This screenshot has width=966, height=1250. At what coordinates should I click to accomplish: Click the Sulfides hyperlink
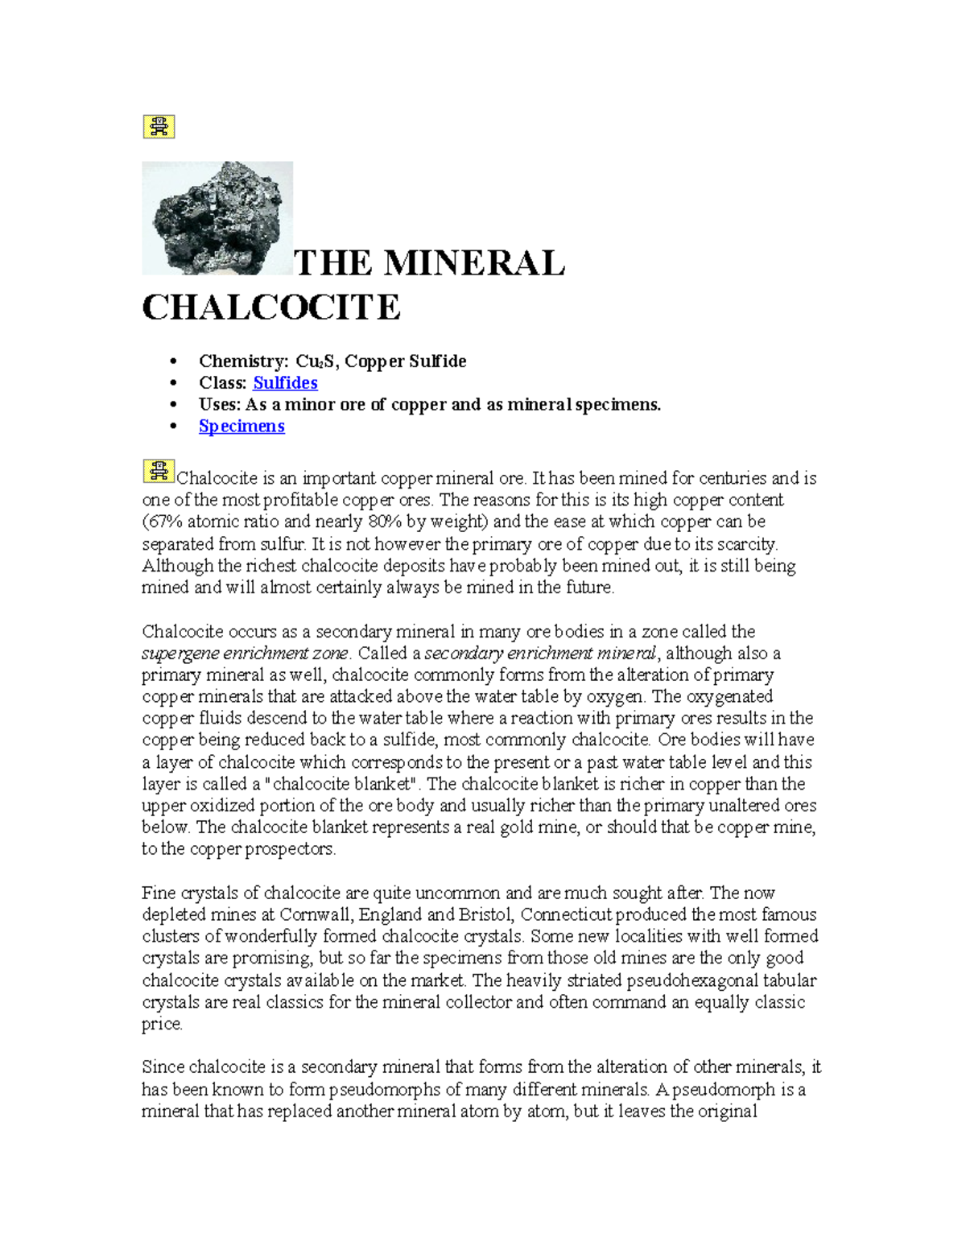[285, 383]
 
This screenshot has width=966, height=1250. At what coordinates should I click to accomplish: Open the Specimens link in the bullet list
[242, 427]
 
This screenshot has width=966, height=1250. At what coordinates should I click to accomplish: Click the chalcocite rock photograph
[217, 218]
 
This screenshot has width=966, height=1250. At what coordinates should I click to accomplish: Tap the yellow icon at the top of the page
[159, 126]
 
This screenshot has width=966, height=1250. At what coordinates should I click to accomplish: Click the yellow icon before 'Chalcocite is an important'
[159, 471]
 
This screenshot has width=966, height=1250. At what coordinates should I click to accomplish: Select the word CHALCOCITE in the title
[271, 307]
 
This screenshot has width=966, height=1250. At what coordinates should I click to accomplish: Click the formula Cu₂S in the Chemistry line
[316, 361]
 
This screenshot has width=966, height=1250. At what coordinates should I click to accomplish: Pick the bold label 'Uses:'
[220, 405]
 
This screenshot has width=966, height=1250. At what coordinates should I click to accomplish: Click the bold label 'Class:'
[223, 383]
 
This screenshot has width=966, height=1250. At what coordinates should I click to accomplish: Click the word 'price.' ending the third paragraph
[162, 1025]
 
